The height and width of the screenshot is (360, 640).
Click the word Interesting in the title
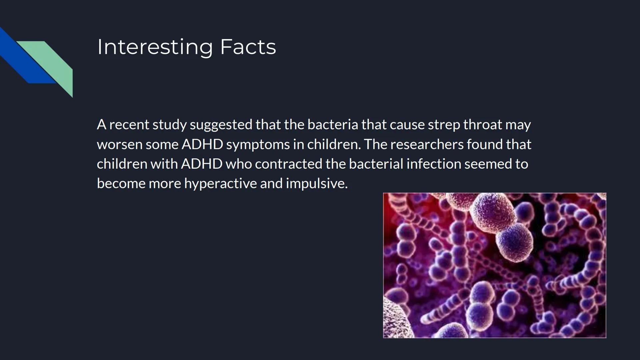155,47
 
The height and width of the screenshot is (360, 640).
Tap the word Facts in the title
248,47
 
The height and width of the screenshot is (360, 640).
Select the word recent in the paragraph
129,125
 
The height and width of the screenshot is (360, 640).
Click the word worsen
119,145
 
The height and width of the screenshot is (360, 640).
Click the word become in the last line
121,184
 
